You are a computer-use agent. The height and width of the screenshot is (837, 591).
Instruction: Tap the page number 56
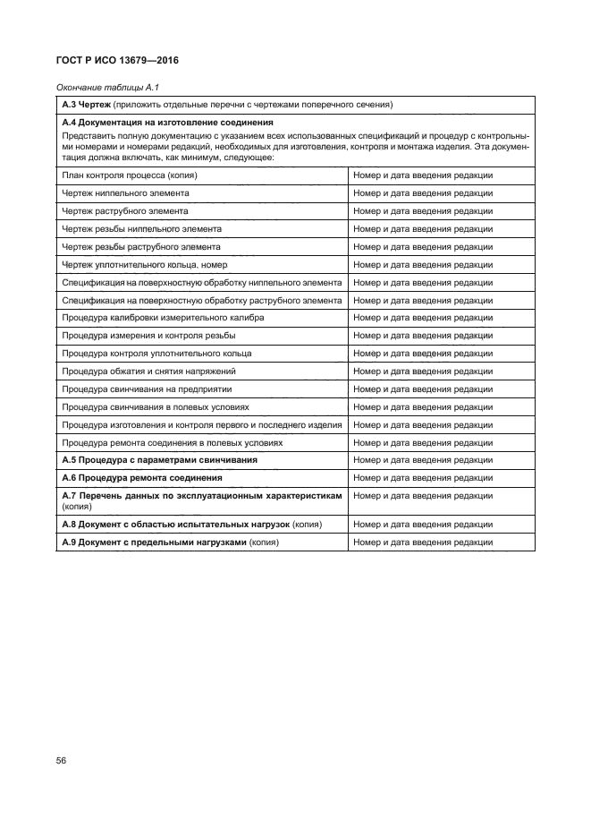tap(62, 760)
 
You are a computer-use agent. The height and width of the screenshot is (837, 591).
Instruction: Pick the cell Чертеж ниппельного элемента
tap(125, 193)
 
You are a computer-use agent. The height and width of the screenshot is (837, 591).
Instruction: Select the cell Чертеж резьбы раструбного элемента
tap(141, 246)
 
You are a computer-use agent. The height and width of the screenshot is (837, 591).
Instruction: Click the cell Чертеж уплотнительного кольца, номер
tap(144, 264)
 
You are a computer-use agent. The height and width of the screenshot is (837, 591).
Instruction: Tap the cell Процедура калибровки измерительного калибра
tap(162, 318)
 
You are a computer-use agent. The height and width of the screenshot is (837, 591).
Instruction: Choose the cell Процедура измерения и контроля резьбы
tap(148, 336)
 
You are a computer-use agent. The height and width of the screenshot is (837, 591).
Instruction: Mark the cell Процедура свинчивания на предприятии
tap(147, 389)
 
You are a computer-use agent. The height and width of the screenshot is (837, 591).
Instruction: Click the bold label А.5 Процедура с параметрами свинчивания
tap(159, 460)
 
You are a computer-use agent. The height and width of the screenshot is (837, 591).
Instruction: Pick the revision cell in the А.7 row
tap(423, 495)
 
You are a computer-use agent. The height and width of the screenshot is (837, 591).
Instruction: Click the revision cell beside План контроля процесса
tap(423, 175)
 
